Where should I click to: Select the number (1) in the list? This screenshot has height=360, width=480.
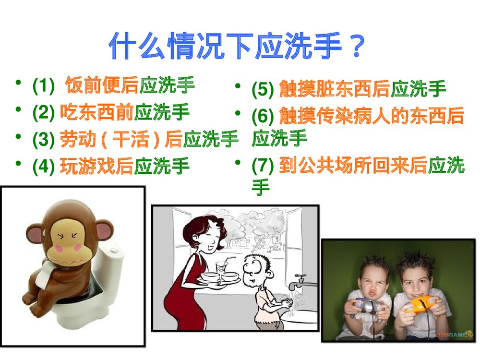(44, 87)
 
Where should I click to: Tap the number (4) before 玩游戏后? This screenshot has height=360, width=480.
(44, 166)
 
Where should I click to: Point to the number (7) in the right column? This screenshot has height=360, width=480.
(263, 166)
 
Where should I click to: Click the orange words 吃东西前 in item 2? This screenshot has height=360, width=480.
(97, 113)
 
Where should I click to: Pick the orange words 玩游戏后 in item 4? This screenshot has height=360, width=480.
(97, 166)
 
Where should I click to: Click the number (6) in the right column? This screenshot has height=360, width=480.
(263, 116)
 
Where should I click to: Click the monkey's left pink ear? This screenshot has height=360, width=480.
(34, 234)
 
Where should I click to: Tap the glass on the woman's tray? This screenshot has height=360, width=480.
(221, 267)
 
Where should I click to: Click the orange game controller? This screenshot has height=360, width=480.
(418, 304)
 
